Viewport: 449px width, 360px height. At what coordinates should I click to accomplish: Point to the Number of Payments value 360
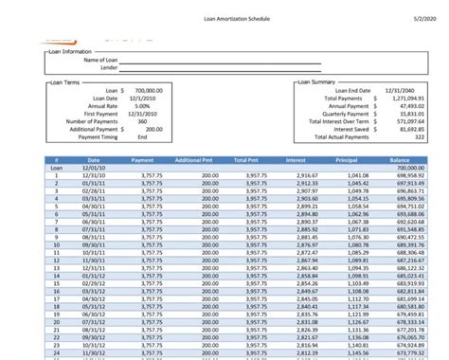click(141, 121)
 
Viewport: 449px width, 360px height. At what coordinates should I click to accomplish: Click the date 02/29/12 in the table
click(94, 283)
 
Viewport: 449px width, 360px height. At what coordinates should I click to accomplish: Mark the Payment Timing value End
click(142, 136)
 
